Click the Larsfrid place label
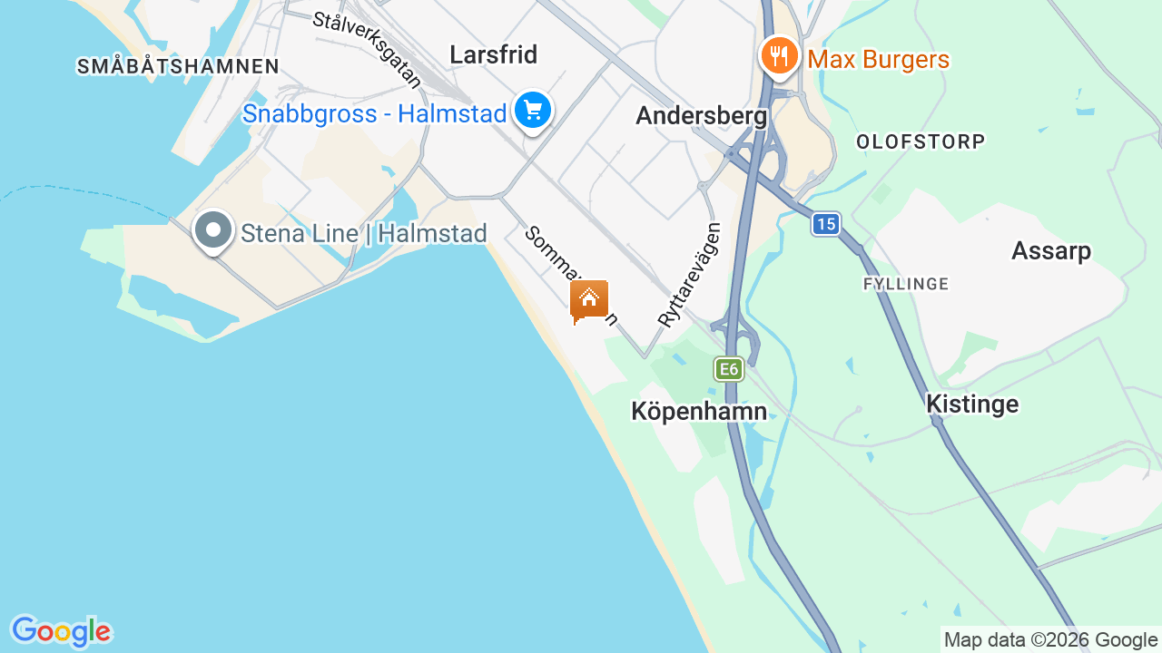[494, 55]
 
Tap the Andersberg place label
[701, 116]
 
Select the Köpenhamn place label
[699, 412]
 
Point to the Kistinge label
[972, 404]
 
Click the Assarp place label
[1051, 251]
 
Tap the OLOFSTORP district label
[921, 142]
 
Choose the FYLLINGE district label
[906, 284]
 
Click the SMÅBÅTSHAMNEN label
[178, 66]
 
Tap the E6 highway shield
[728, 369]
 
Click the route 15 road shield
[825, 224]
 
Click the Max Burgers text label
[879, 61]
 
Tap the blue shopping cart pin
[533, 111]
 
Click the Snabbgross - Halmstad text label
[374, 115]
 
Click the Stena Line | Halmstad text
[364, 234]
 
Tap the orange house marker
[589, 298]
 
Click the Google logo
[61, 631]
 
